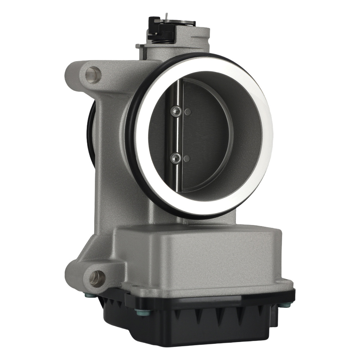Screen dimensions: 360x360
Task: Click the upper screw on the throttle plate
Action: (x=175, y=112)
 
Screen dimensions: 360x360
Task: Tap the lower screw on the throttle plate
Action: (x=176, y=157)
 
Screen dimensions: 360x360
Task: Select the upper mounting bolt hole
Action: (x=93, y=75)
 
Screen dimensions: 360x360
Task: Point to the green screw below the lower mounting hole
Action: (x=88, y=295)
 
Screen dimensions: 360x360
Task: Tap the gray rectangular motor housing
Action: (x=202, y=259)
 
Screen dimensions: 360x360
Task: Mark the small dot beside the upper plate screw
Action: (x=186, y=112)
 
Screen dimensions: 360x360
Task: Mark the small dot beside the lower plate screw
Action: (x=186, y=158)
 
